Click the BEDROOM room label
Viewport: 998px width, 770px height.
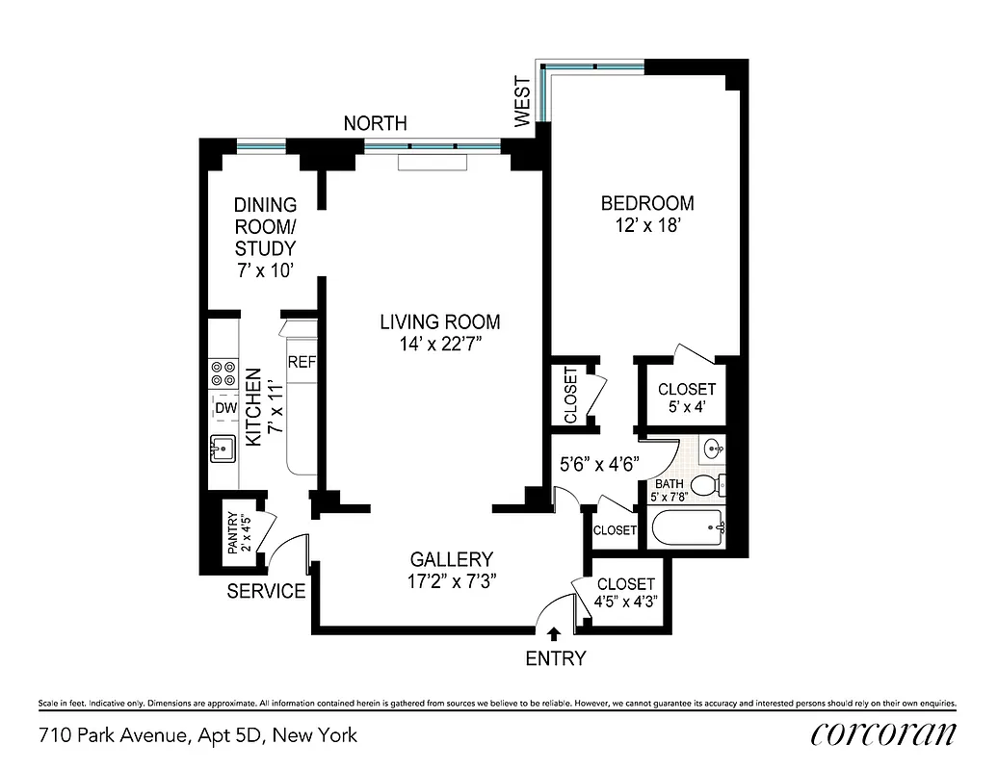pos(647,203)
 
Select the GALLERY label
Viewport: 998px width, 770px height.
pos(452,559)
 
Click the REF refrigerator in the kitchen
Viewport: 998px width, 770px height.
pos(302,363)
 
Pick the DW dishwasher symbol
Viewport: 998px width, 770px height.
pos(225,408)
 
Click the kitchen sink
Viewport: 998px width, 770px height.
pos(223,449)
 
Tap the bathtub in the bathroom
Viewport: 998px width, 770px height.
pos(688,527)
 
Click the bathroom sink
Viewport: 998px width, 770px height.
pos(714,448)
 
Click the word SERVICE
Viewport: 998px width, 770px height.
pos(266,592)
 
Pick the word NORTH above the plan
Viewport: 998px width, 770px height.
pos(376,123)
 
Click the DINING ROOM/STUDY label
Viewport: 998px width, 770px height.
pos(266,238)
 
